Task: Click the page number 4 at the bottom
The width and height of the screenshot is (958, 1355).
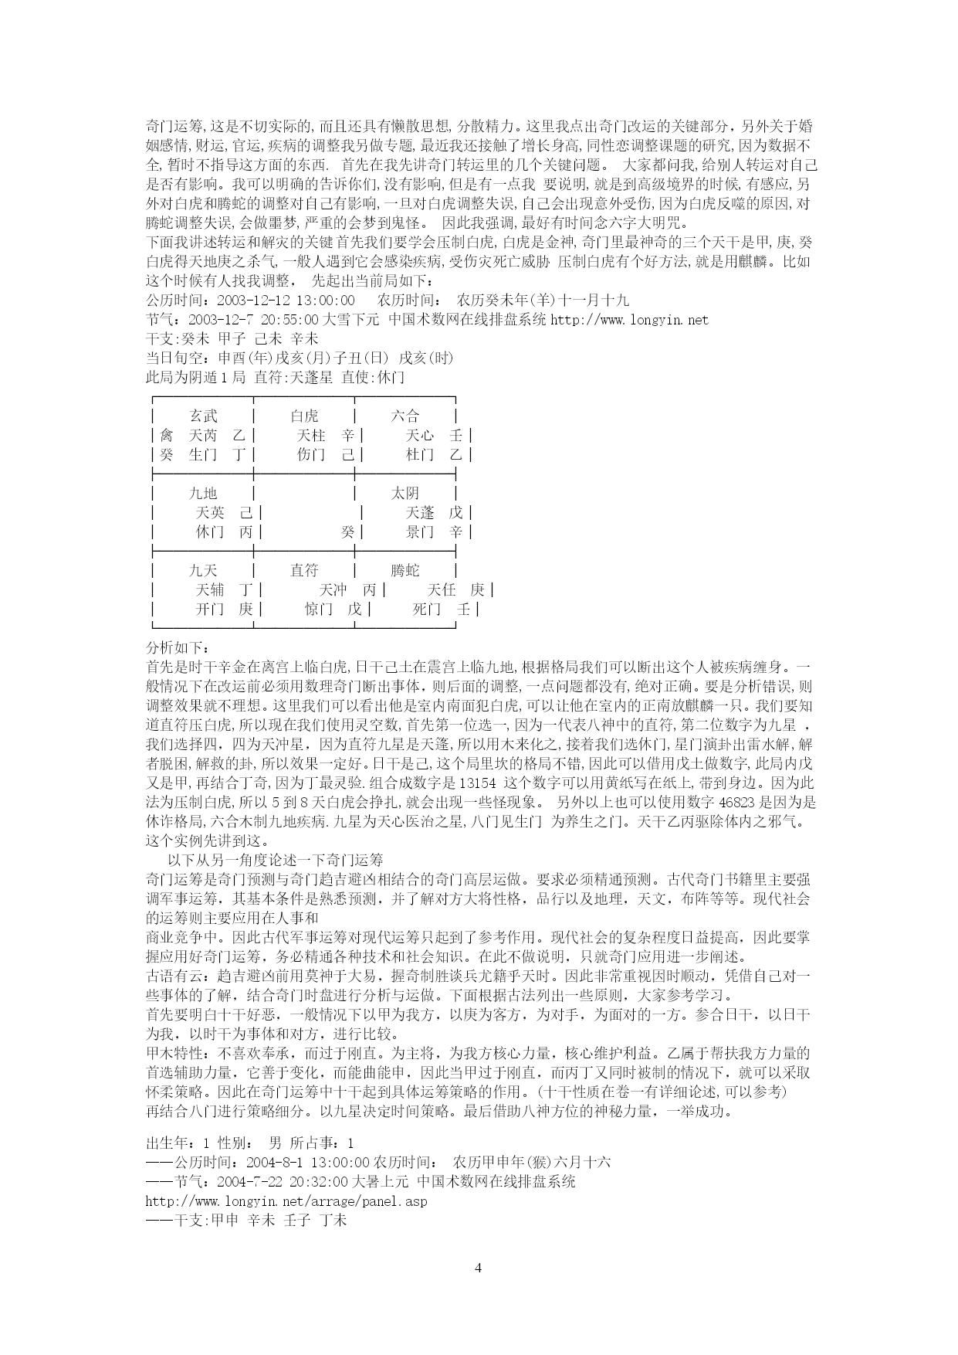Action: coord(479,1268)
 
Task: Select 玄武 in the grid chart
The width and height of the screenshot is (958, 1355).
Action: coord(204,416)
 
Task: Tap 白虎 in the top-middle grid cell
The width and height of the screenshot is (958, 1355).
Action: coord(304,416)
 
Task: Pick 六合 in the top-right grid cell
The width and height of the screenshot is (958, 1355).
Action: coord(405,416)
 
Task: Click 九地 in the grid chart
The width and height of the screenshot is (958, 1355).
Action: coord(204,494)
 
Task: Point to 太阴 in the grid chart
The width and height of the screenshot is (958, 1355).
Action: coord(405,494)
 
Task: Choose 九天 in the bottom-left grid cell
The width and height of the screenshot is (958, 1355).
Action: coord(204,571)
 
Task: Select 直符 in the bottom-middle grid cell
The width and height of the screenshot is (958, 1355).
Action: coord(304,571)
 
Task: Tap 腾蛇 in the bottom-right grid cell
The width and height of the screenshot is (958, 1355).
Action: coord(405,571)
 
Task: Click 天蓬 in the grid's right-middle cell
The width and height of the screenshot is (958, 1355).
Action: coord(420,513)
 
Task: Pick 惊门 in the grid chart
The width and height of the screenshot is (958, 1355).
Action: coord(319,610)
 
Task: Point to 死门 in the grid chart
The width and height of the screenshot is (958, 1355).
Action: coord(427,610)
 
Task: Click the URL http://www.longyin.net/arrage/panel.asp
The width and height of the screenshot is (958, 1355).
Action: coord(286,1202)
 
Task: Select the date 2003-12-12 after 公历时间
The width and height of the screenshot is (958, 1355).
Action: coord(254,301)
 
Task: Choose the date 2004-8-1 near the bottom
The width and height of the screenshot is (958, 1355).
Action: coord(274,1163)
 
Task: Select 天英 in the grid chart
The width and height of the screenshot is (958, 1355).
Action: coord(211,513)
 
